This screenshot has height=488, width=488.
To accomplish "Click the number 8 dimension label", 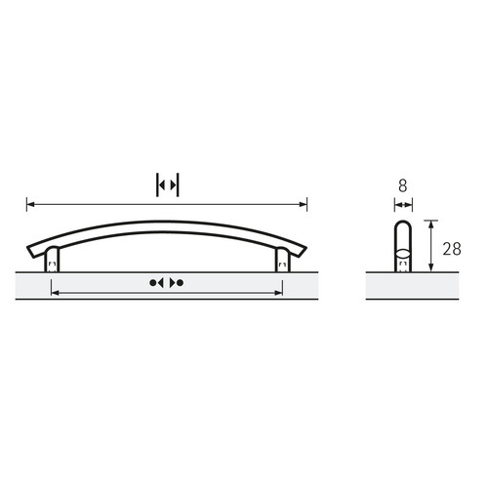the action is (x=403, y=186).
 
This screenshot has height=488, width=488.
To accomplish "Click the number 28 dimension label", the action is (x=452, y=249).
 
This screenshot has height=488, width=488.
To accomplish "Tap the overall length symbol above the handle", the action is (x=168, y=185).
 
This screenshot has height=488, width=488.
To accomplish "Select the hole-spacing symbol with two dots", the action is (x=167, y=283).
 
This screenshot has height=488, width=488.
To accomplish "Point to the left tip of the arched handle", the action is (x=27, y=248).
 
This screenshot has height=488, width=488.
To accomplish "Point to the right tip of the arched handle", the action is (x=306, y=248).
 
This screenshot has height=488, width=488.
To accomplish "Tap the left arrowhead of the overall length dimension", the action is (x=30, y=204).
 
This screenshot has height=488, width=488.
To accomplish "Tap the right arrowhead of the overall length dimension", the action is (x=303, y=204).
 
